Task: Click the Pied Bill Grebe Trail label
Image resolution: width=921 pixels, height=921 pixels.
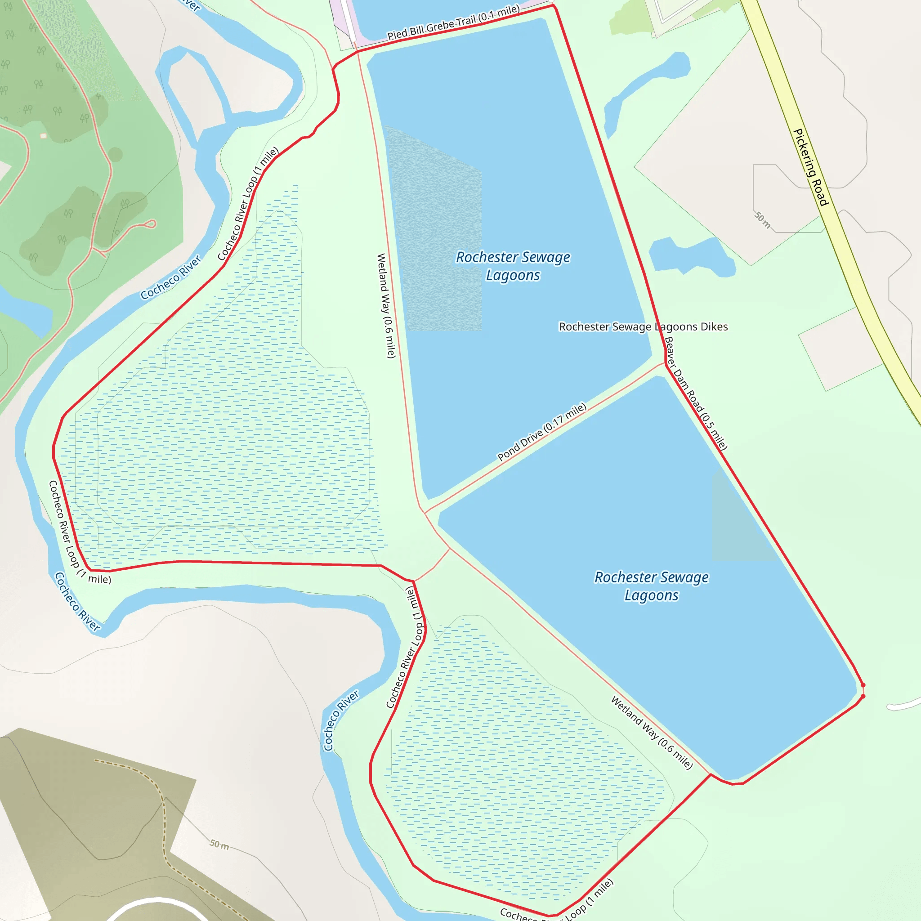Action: tap(453, 22)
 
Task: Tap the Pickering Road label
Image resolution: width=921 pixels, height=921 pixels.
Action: tap(810, 167)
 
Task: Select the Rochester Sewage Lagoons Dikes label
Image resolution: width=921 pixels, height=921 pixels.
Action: tap(643, 326)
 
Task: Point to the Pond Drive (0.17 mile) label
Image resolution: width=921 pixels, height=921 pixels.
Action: tap(541, 432)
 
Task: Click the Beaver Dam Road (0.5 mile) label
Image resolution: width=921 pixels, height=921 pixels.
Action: tap(696, 393)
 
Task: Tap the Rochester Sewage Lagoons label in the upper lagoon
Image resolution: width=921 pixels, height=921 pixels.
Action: tap(513, 266)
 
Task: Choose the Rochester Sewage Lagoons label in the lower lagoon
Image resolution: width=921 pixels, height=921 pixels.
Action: tap(651, 586)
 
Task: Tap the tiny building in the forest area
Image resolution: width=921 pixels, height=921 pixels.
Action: tap(43, 136)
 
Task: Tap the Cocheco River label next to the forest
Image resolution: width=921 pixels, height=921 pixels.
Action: tap(170, 277)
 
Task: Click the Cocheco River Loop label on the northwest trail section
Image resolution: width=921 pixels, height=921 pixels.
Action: tap(247, 204)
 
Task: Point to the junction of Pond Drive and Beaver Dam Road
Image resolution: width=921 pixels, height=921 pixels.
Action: tap(666, 363)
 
